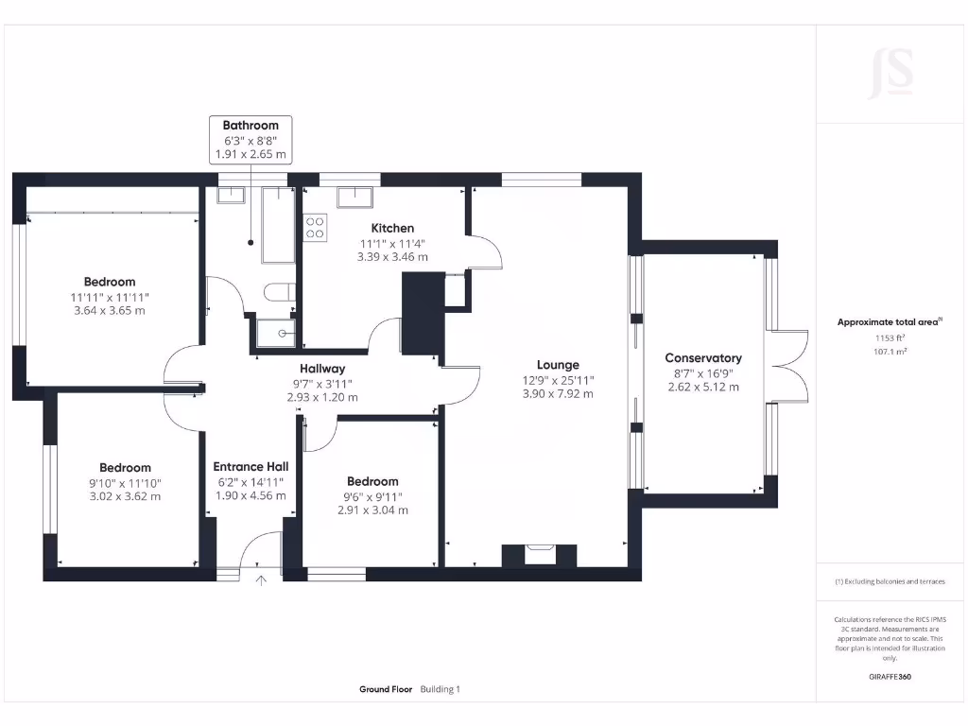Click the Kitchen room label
tap(392, 228)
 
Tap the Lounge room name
tap(558, 365)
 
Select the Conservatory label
tap(703, 358)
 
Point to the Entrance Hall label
tap(251, 466)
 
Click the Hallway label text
tap(322, 369)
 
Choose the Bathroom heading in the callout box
tap(251, 125)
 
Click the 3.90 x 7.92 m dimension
tap(558, 394)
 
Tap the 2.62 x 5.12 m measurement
tap(703, 387)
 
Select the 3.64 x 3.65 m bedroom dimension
tap(110, 310)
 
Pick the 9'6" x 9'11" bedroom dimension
tap(372, 495)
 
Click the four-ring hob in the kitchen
tap(315, 228)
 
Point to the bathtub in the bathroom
tap(279, 224)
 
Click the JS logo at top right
tap(890, 73)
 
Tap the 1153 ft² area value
tap(890, 337)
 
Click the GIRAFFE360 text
tap(890, 677)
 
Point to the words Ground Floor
tap(386, 689)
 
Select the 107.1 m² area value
tap(890, 351)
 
